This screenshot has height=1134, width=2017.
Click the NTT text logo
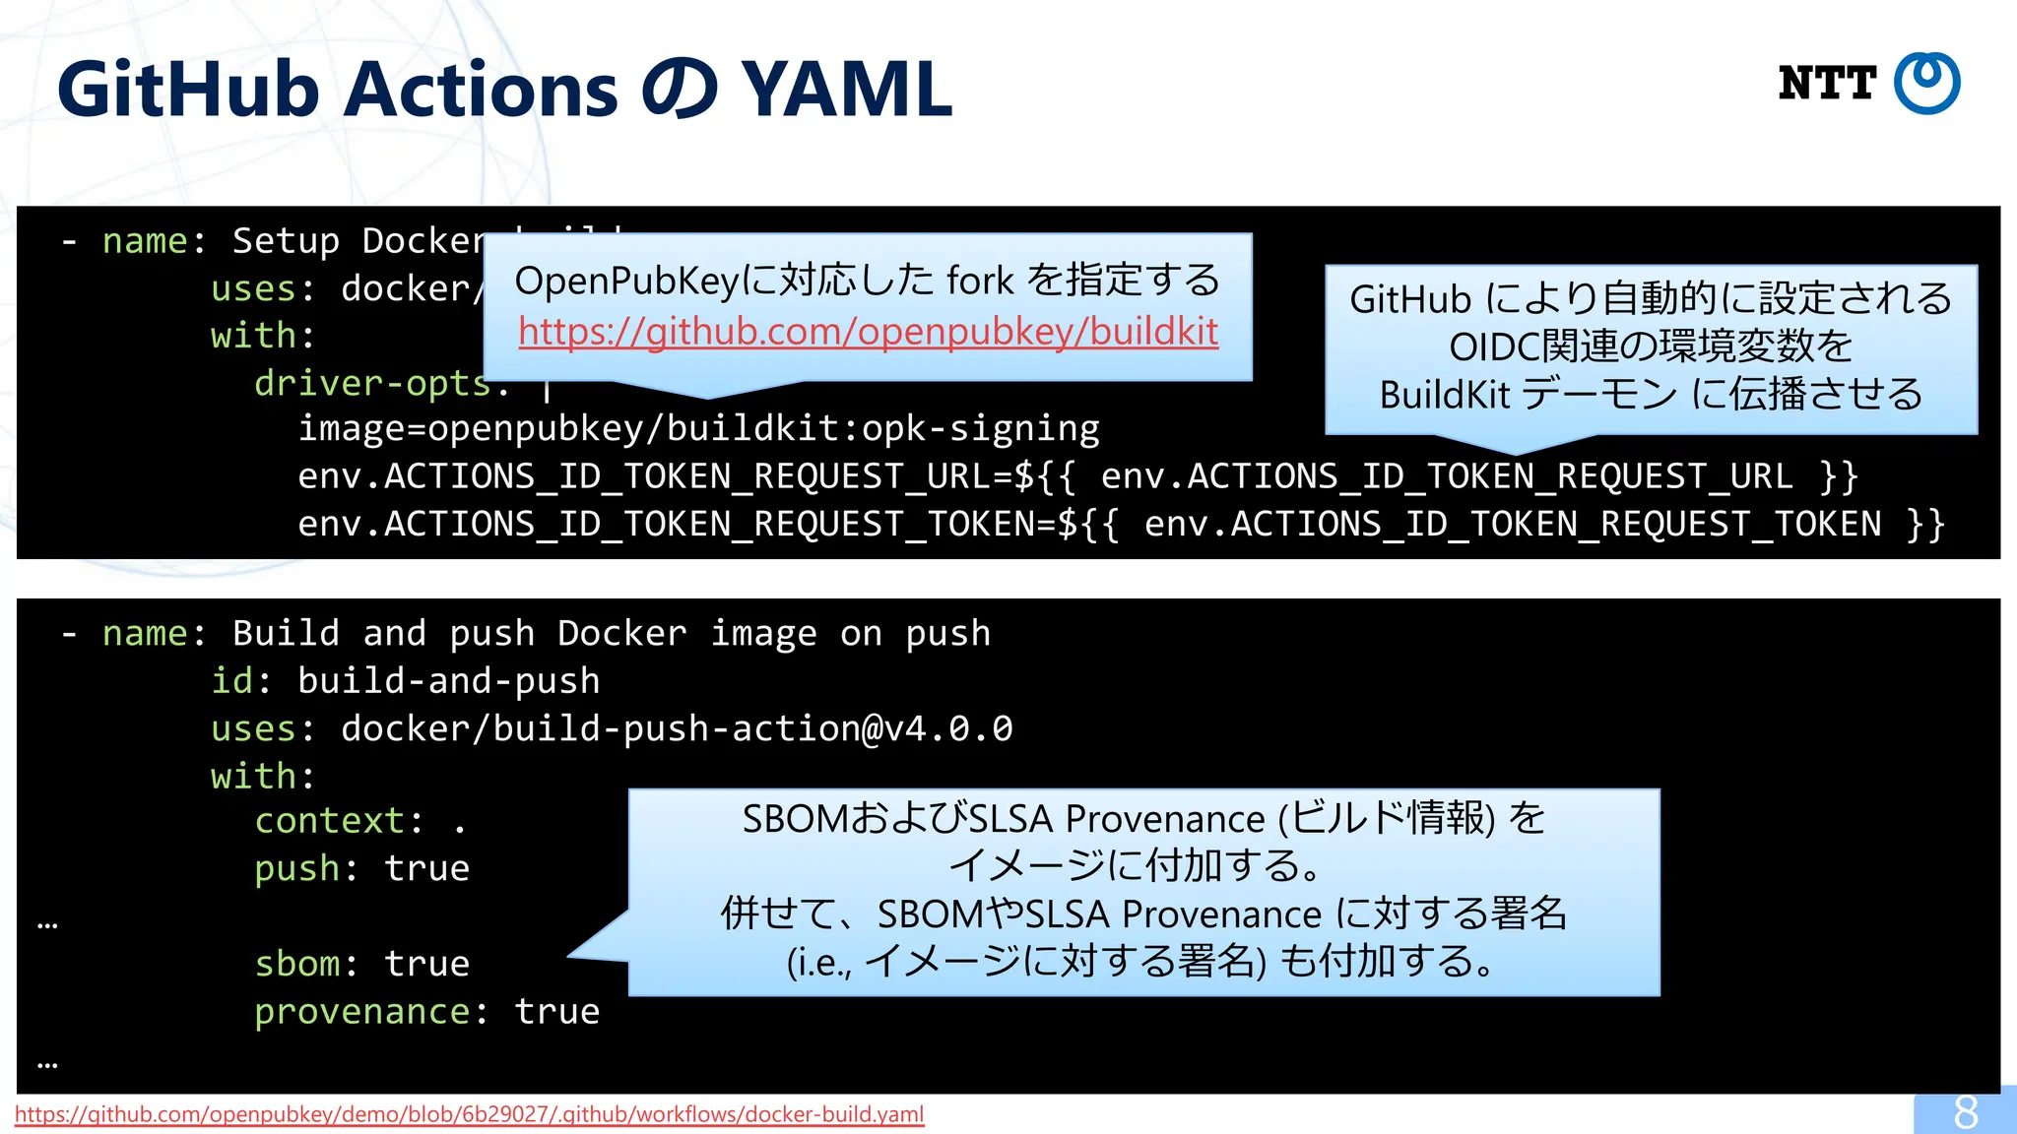1827,84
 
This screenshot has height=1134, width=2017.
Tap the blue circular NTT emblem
1927,84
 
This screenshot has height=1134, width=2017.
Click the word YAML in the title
846,90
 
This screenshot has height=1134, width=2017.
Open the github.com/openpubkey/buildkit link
868,332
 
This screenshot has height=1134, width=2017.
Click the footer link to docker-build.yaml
469,1114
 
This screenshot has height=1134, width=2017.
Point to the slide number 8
1965,1112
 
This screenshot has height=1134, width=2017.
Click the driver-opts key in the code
372,383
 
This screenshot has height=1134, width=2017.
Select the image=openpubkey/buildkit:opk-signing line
698,428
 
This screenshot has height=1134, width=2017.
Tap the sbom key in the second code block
296,964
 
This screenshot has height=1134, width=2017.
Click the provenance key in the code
362,1012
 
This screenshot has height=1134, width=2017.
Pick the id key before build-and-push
231,681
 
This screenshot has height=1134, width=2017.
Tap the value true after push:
426,869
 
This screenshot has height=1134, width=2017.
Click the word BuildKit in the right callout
1444,395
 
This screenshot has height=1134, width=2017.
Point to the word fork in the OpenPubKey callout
979,282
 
